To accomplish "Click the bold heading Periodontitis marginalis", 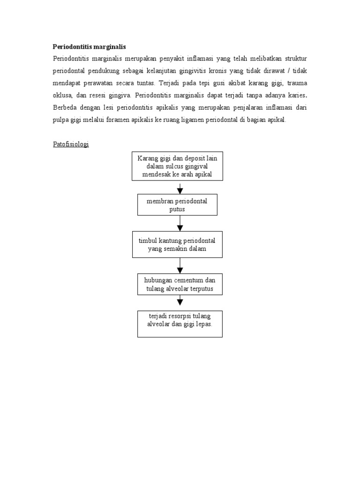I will tap(89, 47).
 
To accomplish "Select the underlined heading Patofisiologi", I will tap(70, 144).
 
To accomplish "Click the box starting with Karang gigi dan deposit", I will tap(177, 166).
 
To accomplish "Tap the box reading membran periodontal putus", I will tap(177, 205).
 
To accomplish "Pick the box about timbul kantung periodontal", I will tap(177, 244).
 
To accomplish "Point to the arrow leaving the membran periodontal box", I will tap(180, 223).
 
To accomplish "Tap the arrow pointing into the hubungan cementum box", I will tap(180, 266).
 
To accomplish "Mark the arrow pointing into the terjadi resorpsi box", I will tap(180, 301).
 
